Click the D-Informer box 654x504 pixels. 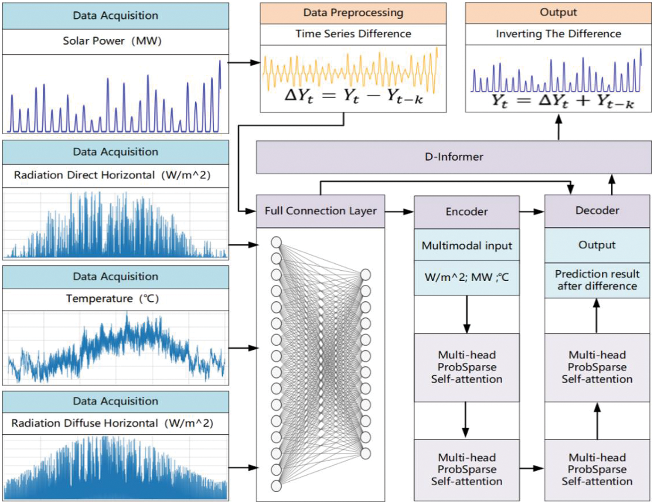click(x=453, y=157)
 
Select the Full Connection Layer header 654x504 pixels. click(x=320, y=211)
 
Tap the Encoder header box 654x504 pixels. click(x=467, y=212)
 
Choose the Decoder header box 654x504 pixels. click(x=597, y=211)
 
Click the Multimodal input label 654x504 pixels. click(x=467, y=246)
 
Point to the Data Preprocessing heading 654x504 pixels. click(x=353, y=13)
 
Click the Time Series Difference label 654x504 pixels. click(x=353, y=34)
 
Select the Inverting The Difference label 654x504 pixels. click(x=558, y=34)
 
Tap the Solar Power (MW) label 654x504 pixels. click(x=112, y=41)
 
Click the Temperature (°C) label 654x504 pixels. click(x=112, y=299)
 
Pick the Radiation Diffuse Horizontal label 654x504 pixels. click(x=112, y=423)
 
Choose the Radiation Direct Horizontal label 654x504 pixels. click(x=112, y=175)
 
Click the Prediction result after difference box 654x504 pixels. click(x=597, y=280)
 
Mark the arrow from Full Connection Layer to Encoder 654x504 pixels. click(x=399, y=212)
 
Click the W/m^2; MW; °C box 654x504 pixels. click(x=467, y=278)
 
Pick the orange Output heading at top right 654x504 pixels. click(x=558, y=13)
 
